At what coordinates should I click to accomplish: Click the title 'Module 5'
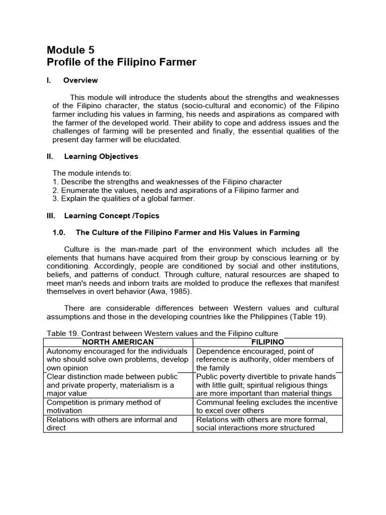pyautogui.click(x=70, y=49)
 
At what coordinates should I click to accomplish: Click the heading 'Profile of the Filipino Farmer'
pyautogui.click(x=121, y=62)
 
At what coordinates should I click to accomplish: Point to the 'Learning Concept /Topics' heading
pyautogui.click(x=112, y=216)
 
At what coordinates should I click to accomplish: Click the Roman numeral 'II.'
pyautogui.click(x=50, y=156)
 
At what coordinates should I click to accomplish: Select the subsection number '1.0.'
pyautogui.click(x=60, y=232)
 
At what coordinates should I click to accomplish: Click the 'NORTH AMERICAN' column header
pyautogui.click(x=118, y=342)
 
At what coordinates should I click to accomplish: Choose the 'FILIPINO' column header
pyautogui.click(x=267, y=342)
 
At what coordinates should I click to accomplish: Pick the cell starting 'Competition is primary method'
pyautogui.click(x=118, y=406)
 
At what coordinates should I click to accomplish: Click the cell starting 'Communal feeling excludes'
pyautogui.click(x=267, y=406)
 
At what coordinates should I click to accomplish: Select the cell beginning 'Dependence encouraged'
pyautogui.click(x=267, y=360)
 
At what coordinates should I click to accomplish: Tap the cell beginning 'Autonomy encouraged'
pyautogui.click(x=118, y=360)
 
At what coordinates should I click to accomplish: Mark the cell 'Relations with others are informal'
pyautogui.click(x=118, y=423)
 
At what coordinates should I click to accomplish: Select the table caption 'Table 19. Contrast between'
pyautogui.click(x=162, y=333)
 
